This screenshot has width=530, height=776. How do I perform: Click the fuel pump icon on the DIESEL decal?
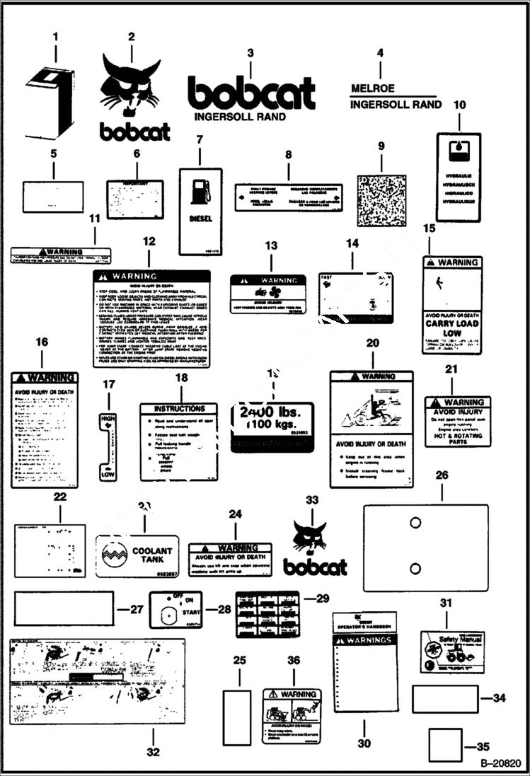[201, 190]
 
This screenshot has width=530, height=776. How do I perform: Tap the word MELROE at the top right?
[373, 89]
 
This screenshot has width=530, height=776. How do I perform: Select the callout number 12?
[149, 241]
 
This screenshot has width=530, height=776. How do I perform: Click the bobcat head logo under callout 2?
[132, 84]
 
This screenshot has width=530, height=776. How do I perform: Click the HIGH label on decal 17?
[108, 419]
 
